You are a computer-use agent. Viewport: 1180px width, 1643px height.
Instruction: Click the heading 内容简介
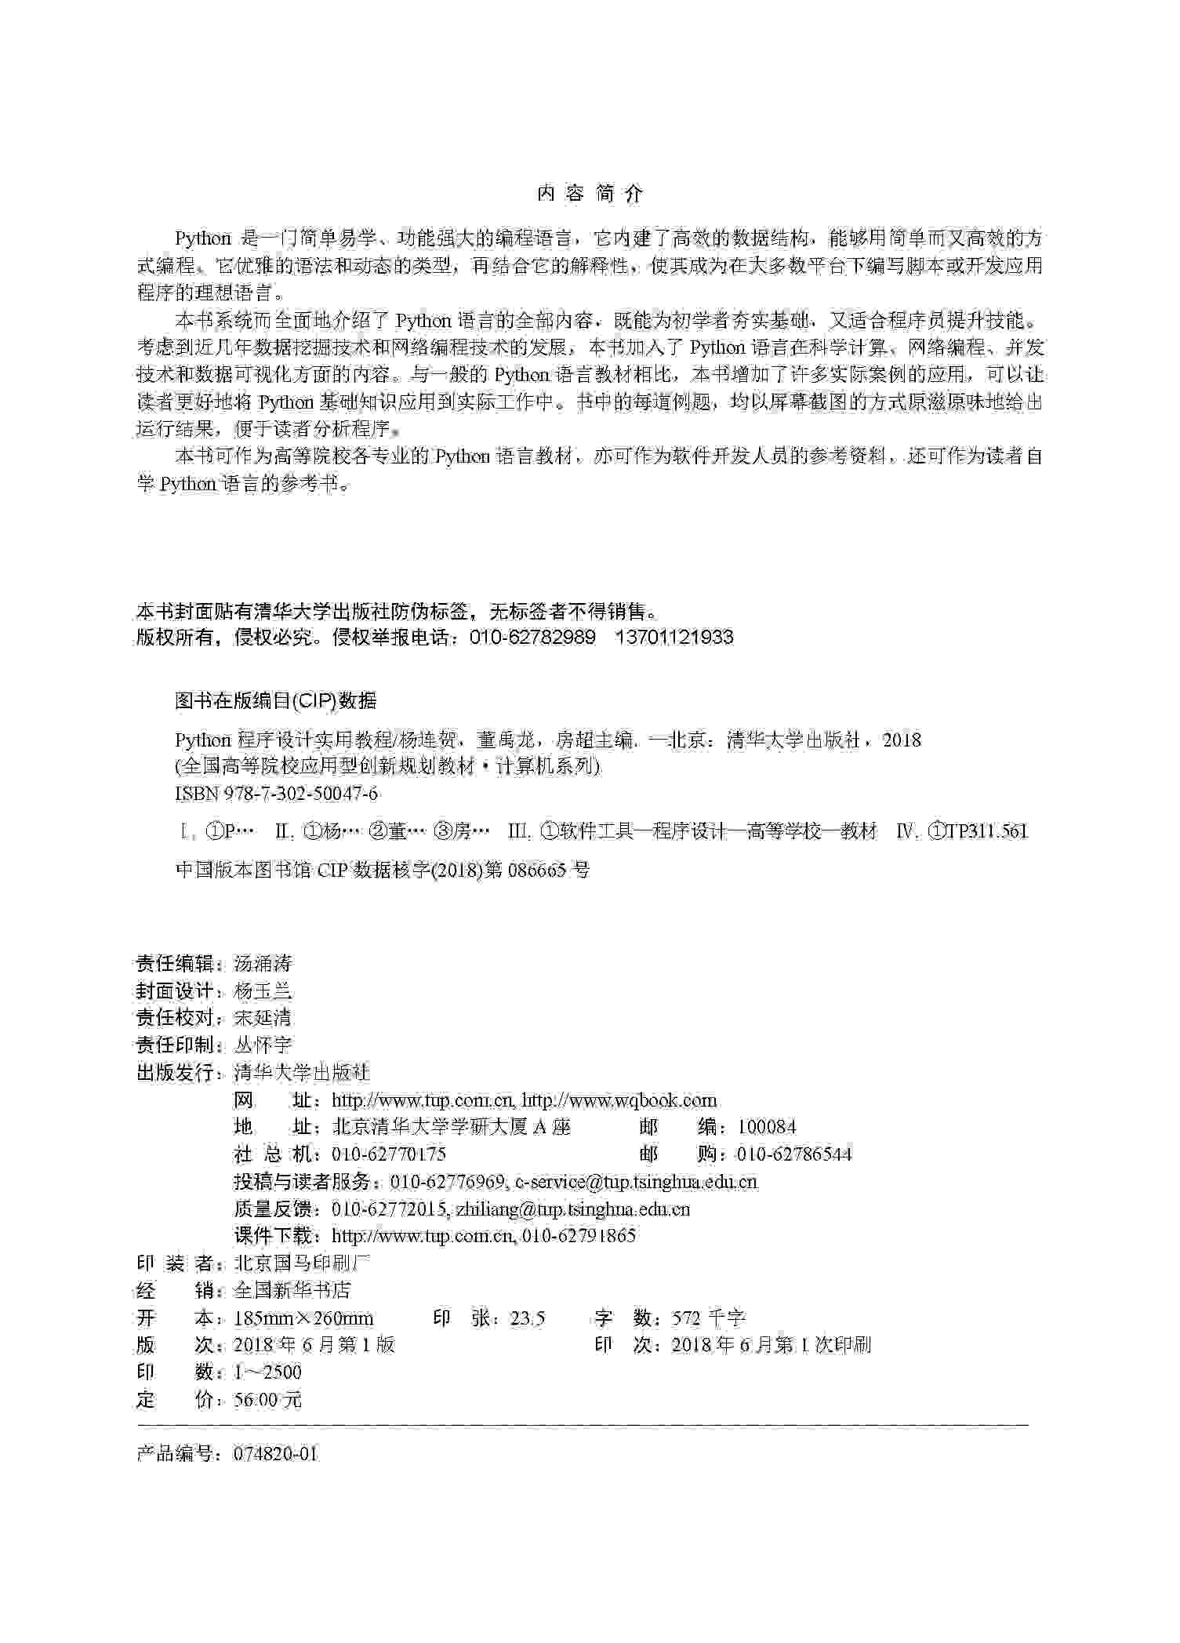click(590, 194)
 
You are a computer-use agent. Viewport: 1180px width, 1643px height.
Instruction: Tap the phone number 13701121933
click(674, 637)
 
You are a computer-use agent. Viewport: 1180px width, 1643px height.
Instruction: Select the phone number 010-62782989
click(532, 637)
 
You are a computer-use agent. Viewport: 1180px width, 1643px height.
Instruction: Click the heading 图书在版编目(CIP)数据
click(275, 700)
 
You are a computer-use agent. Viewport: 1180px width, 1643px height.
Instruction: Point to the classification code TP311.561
click(986, 831)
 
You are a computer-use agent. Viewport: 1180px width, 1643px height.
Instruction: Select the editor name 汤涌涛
click(263, 963)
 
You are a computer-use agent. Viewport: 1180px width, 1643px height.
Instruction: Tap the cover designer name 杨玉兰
click(263, 991)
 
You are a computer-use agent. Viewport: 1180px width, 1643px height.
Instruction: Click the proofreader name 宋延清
click(263, 1017)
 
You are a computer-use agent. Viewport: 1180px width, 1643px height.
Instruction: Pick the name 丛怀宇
click(263, 1045)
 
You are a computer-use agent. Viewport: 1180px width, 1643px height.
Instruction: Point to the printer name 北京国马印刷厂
click(302, 1263)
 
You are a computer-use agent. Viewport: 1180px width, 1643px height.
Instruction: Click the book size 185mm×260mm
click(303, 1318)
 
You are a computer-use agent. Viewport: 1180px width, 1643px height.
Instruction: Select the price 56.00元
click(267, 1400)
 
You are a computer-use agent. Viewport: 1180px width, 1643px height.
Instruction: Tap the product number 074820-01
click(276, 1453)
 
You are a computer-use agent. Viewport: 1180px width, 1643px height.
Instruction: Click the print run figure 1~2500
click(267, 1372)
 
